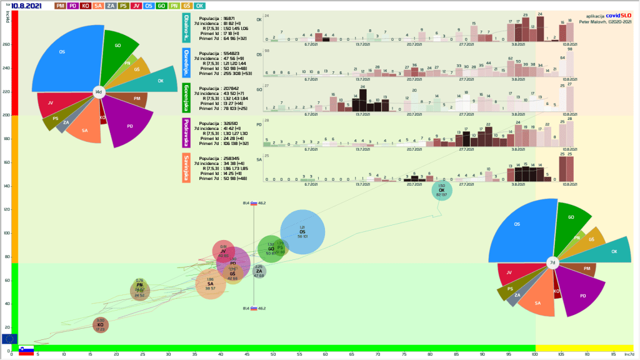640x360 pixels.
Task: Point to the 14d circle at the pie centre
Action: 98,92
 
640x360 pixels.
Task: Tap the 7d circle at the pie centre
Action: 552,263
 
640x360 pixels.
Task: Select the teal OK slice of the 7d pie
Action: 609,251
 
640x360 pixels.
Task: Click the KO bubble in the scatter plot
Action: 100,324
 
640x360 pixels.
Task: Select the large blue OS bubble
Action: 302,232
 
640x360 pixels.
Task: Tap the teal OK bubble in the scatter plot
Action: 442,190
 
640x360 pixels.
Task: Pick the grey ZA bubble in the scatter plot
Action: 259,271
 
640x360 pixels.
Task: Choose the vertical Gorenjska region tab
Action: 187,96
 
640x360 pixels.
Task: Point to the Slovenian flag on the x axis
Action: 26,350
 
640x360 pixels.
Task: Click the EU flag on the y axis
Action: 9,339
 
